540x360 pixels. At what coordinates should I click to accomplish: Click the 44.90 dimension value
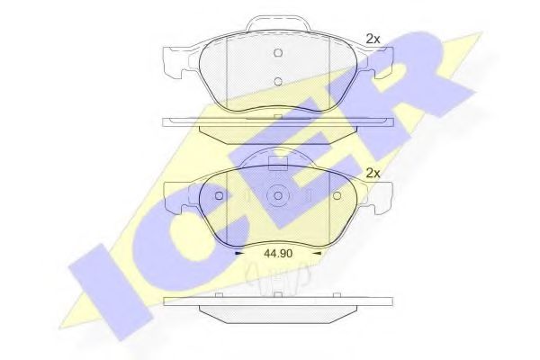[278, 254]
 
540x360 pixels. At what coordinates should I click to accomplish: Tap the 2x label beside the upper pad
[373, 40]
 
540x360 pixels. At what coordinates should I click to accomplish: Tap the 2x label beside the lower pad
[373, 173]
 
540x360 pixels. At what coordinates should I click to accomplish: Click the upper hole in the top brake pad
[278, 53]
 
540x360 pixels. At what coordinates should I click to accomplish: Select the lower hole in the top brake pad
[278, 82]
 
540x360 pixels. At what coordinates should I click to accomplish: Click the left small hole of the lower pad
[219, 195]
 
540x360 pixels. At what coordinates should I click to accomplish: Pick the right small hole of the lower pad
[337, 195]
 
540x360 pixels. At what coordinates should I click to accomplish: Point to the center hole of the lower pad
[278, 195]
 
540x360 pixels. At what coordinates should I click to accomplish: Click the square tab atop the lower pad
[278, 164]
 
